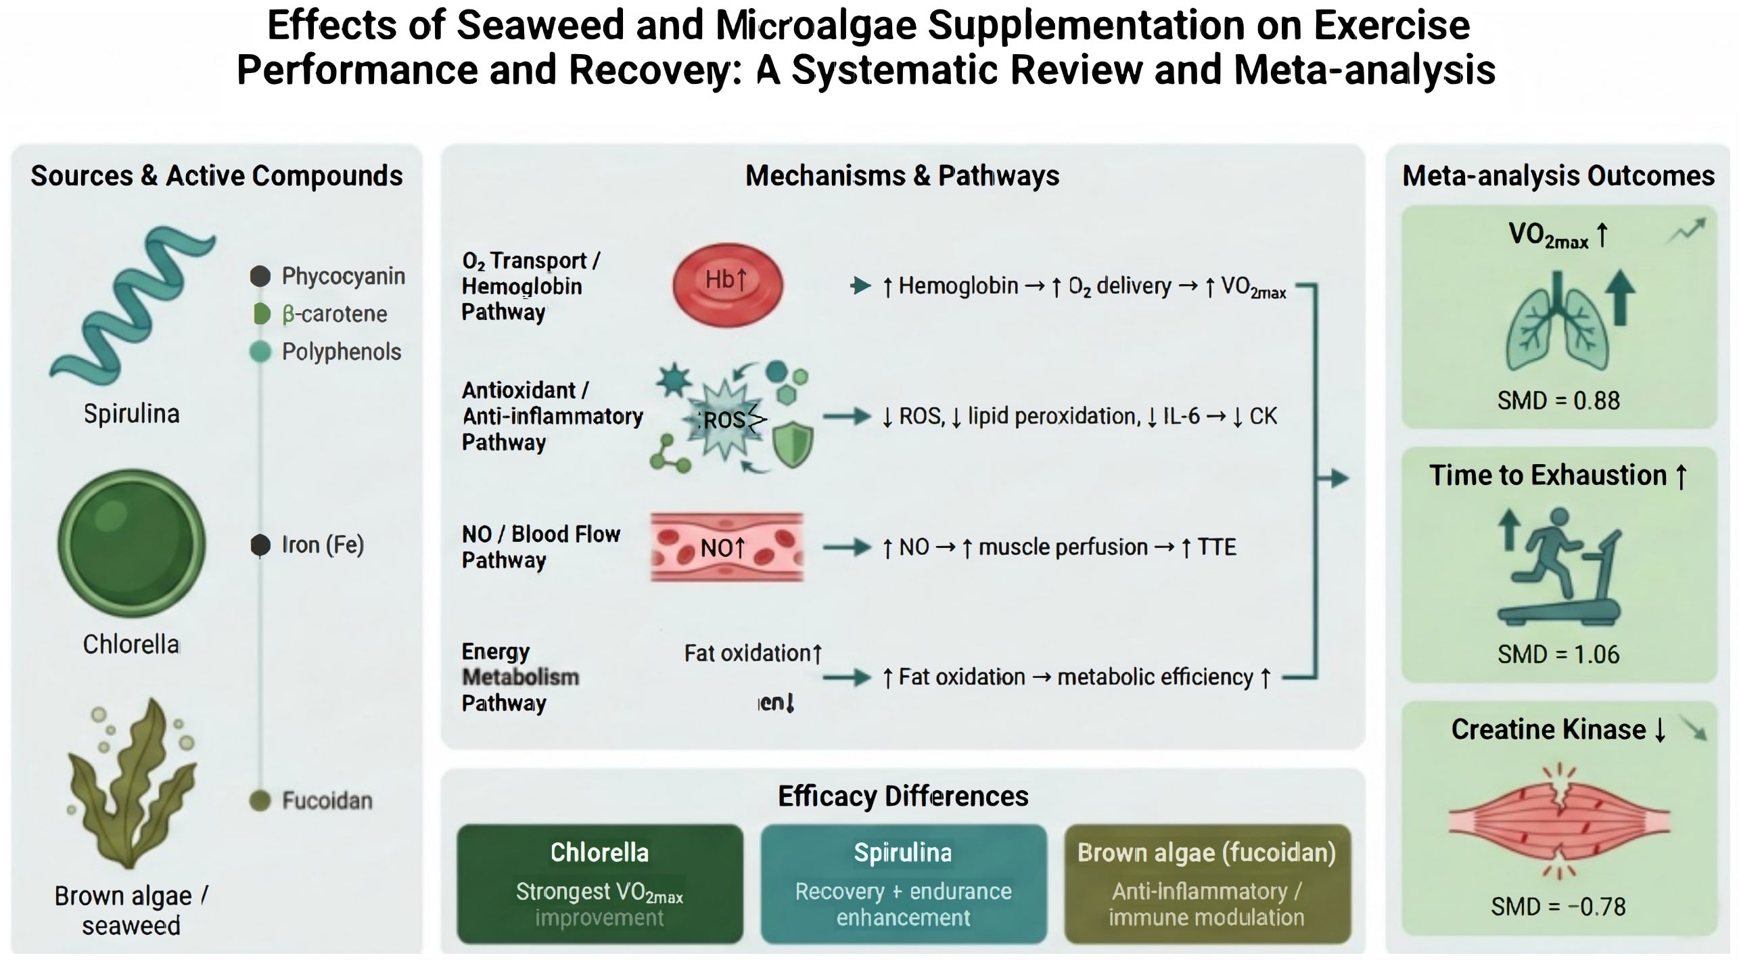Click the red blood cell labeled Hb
(727, 285)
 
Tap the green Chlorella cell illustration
(131, 543)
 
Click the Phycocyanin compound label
(343, 276)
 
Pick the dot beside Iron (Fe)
(260, 545)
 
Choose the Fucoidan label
(327, 800)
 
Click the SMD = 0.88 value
(1558, 401)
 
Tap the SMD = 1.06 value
(1558, 654)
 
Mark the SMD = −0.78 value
(1558, 907)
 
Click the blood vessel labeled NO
(727, 547)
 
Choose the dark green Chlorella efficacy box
(599, 884)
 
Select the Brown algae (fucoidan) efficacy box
(1207, 884)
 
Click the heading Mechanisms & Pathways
(902, 176)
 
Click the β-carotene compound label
(334, 314)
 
